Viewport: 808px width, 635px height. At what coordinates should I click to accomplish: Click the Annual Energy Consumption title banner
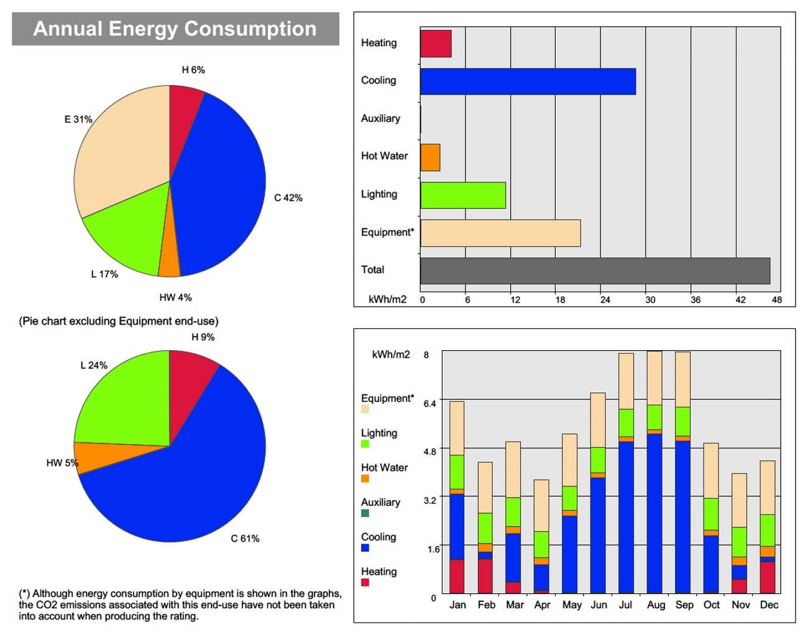(x=175, y=29)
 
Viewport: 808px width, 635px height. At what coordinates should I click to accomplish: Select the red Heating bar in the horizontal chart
(x=436, y=43)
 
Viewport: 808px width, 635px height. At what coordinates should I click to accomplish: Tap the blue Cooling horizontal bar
(x=528, y=81)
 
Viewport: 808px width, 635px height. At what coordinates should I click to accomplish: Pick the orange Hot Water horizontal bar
(x=430, y=157)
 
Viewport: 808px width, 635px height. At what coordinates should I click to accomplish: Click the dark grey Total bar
(x=595, y=271)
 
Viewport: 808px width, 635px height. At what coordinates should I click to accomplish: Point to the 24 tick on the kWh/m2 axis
(x=605, y=300)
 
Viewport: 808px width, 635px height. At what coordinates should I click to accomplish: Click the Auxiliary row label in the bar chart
(x=380, y=118)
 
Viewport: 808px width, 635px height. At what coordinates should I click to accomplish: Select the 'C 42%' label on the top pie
(x=288, y=198)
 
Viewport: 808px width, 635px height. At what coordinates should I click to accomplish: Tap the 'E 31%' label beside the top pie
(x=78, y=119)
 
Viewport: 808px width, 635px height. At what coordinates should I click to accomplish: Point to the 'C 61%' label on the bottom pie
(x=245, y=538)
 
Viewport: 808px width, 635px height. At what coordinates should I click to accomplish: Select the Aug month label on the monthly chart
(x=655, y=605)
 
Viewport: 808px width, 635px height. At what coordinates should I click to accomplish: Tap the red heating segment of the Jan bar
(x=457, y=576)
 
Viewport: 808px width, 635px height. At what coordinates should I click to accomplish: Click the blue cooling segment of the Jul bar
(x=626, y=516)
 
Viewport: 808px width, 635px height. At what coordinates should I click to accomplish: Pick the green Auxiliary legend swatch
(x=365, y=513)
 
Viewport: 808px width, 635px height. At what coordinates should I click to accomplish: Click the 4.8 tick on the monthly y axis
(x=429, y=452)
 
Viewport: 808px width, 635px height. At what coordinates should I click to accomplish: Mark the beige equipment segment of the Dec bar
(x=768, y=488)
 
